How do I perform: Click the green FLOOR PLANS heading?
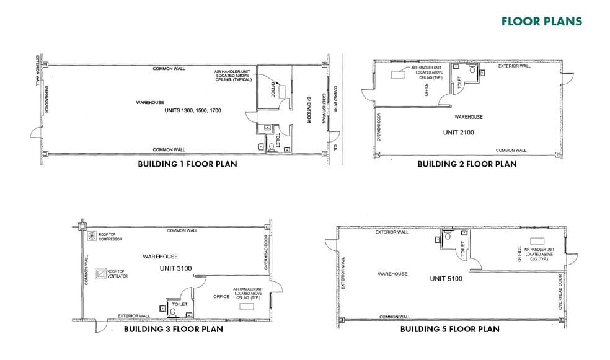(542, 21)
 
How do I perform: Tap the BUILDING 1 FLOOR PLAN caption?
(187, 164)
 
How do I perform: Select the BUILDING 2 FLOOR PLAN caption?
(467, 164)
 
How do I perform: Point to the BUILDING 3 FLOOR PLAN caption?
(174, 329)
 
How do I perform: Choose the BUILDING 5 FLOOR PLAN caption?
(449, 329)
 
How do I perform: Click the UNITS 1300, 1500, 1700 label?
(193, 110)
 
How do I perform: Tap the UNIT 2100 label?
(458, 133)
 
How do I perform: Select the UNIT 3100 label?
(175, 269)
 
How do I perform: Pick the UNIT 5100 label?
(446, 279)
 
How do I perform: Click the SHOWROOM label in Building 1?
(309, 110)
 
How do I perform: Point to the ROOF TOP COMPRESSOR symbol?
(92, 236)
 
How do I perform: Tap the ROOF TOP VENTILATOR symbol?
(101, 273)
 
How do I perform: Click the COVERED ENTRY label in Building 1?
(336, 99)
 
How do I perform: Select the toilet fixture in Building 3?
(172, 312)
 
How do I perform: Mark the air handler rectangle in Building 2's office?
(398, 74)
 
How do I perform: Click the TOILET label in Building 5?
(462, 248)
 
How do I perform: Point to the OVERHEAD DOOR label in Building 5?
(560, 292)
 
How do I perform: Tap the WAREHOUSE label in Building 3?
(161, 257)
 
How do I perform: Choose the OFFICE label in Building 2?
(427, 90)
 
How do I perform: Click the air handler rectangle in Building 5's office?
(537, 242)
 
